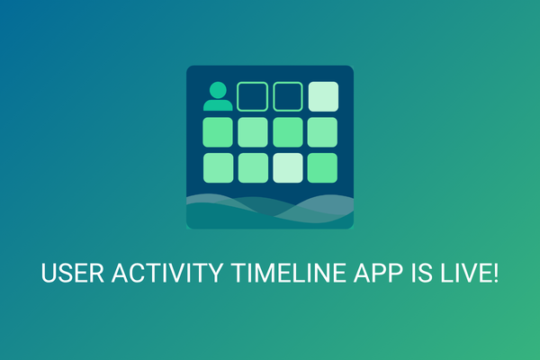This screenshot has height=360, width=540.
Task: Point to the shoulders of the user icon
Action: pyautogui.click(x=217, y=104)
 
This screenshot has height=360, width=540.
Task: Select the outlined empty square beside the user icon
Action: pyautogui.click(x=253, y=96)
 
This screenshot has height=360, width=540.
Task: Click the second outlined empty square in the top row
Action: pyautogui.click(x=288, y=96)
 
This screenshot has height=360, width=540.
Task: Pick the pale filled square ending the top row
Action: pyautogui.click(x=323, y=96)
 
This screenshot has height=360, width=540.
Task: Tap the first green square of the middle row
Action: pyautogui.click(x=218, y=131)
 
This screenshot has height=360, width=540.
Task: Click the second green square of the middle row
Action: pyautogui.click(x=253, y=131)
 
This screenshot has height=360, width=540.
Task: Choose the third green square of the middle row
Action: pyautogui.click(x=288, y=131)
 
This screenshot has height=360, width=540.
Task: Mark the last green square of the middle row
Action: pyautogui.click(x=323, y=131)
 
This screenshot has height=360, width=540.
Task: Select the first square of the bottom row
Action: pyautogui.click(x=218, y=166)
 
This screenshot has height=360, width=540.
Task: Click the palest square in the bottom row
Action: pyautogui.click(x=288, y=166)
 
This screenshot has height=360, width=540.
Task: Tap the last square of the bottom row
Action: pyautogui.click(x=323, y=166)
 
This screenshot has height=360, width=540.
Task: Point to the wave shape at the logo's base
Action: pyautogui.click(x=270, y=211)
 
